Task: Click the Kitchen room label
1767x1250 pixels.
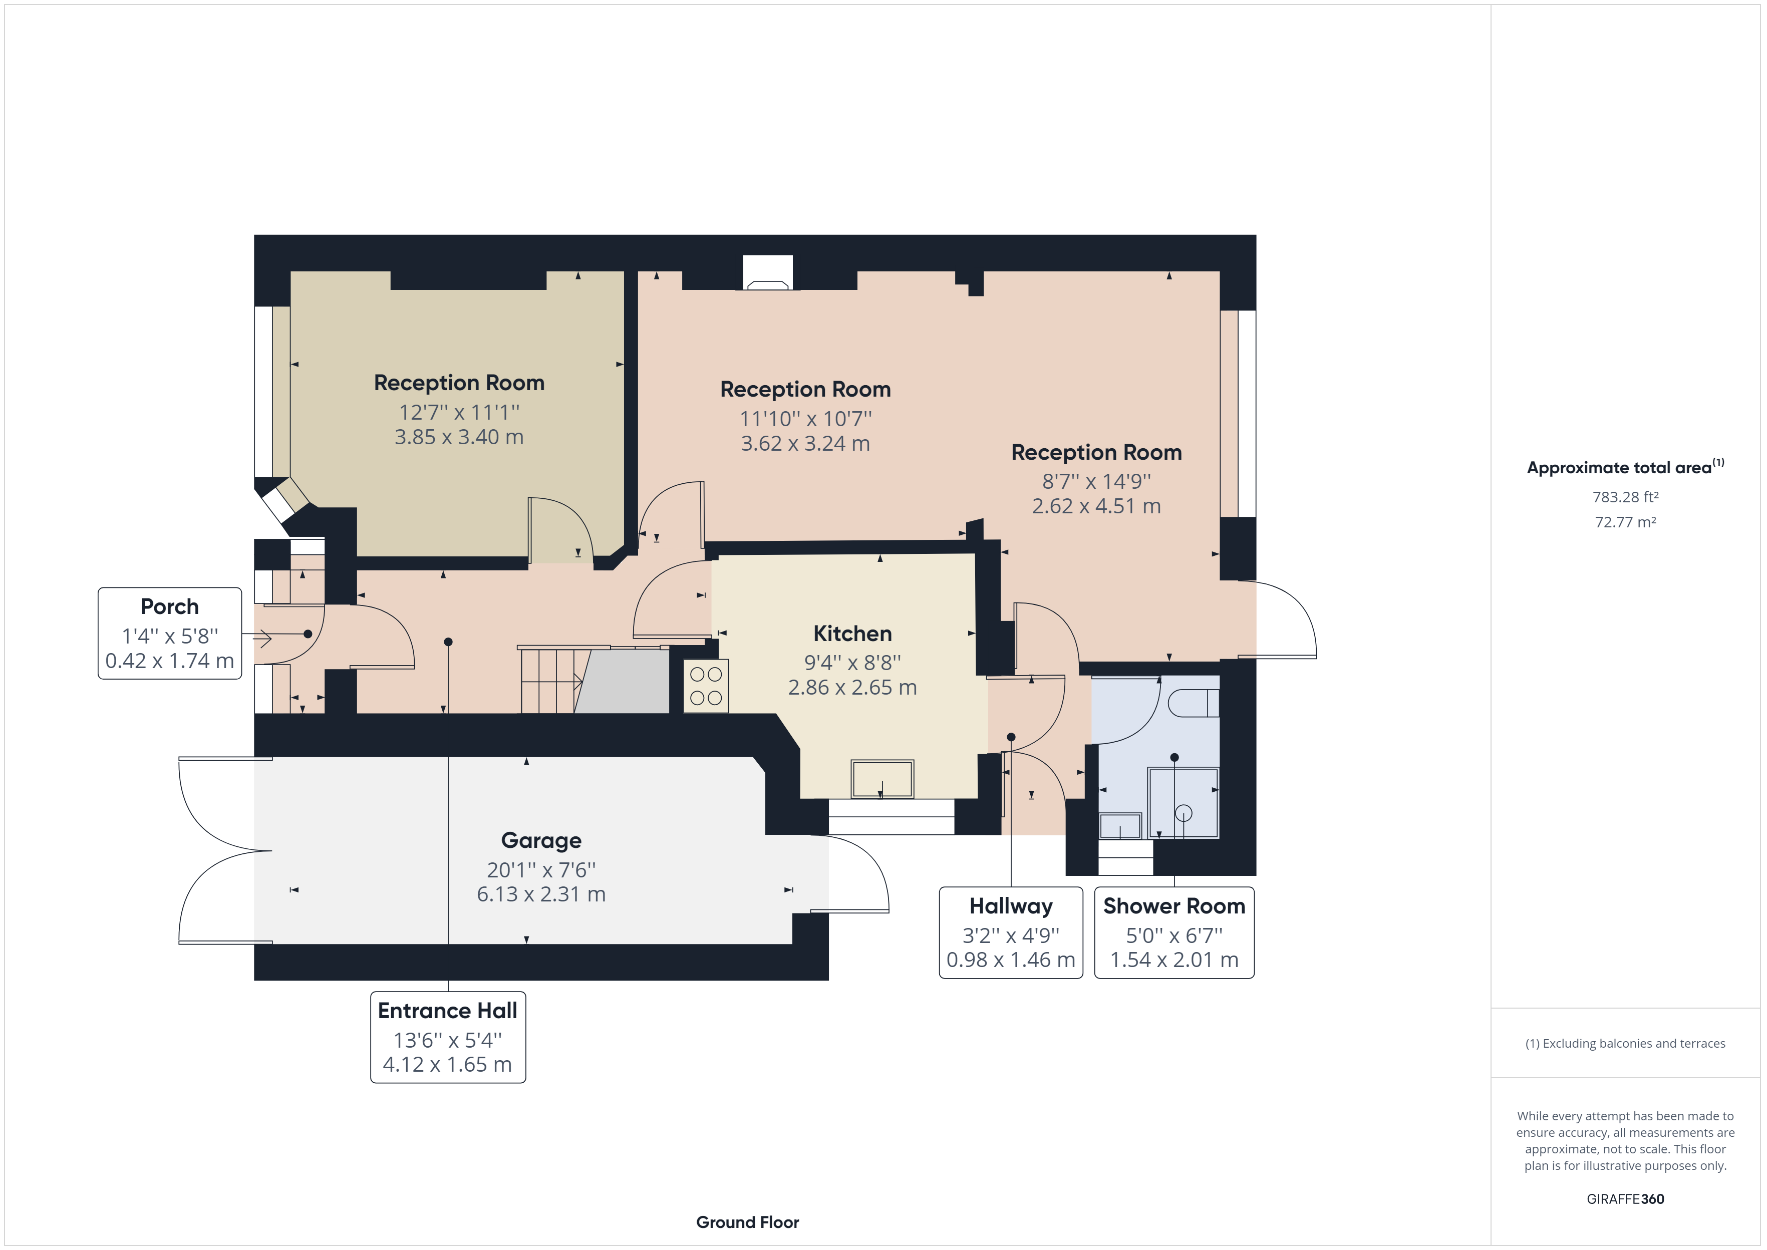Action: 852,634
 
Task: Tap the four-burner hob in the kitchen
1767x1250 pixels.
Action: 706,686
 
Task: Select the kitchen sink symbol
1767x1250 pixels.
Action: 882,779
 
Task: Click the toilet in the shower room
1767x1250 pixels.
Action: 1193,703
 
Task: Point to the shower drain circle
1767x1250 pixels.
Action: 1184,813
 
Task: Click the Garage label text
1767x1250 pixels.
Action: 541,840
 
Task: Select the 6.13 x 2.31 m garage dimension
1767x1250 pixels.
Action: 541,894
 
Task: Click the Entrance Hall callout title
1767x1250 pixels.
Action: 447,1011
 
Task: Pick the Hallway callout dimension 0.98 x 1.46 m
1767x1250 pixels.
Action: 1011,960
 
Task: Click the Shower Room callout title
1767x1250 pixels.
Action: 1173,906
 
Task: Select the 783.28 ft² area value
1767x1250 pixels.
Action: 1625,497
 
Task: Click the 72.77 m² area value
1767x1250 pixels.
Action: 1625,522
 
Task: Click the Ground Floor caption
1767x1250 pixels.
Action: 747,1222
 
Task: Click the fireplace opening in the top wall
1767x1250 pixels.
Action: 767,273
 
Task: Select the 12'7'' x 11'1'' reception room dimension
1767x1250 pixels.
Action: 459,413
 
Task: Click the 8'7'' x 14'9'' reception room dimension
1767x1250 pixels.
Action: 1096,482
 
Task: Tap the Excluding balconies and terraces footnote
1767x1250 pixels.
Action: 1625,1044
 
